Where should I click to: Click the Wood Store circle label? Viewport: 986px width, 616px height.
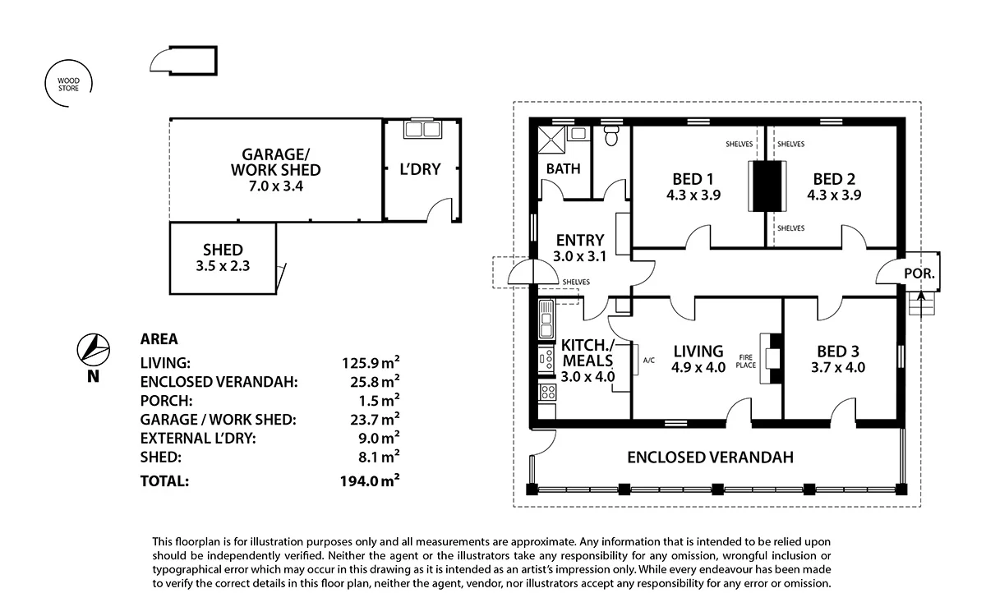click(68, 84)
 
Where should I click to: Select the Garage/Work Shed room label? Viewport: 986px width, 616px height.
click(275, 162)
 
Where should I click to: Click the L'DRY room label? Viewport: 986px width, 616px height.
click(420, 170)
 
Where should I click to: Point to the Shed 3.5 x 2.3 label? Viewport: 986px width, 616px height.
click(223, 257)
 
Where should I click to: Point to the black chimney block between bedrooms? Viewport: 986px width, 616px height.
click(766, 186)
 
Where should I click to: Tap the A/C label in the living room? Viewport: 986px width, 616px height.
click(648, 360)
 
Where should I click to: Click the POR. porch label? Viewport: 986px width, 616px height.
click(918, 274)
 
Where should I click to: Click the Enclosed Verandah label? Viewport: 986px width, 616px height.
click(710, 457)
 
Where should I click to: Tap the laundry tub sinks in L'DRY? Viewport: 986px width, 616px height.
click(422, 130)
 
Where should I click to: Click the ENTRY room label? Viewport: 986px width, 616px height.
click(580, 240)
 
